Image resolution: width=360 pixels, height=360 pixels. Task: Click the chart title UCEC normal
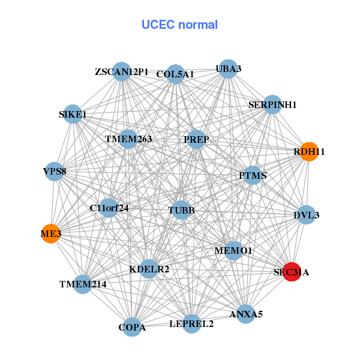(x=179, y=25)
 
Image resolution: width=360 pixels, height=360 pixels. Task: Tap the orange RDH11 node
(x=308, y=152)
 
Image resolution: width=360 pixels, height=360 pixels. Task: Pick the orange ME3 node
(x=51, y=233)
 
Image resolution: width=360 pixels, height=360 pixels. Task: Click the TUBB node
(x=181, y=210)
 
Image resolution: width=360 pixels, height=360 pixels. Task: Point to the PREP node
(x=196, y=140)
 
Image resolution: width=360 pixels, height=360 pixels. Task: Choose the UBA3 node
(x=228, y=69)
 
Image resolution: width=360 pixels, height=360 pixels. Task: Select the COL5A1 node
(x=175, y=74)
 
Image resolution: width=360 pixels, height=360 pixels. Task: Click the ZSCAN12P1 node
(x=122, y=72)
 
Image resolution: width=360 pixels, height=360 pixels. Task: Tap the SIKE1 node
(x=73, y=114)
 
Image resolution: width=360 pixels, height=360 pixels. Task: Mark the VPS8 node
(x=55, y=171)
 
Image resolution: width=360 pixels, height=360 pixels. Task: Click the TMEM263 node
(x=128, y=139)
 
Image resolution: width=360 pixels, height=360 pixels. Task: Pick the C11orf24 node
(x=109, y=208)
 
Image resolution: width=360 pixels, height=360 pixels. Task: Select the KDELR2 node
(x=149, y=269)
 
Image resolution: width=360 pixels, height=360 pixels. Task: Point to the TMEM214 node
(x=83, y=283)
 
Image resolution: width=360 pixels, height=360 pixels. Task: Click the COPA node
(x=132, y=327)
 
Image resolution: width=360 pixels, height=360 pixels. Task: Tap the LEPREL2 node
(x=191, y=324)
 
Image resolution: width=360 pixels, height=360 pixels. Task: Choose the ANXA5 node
(x=246, y=313)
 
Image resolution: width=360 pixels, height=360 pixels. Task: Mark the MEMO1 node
(x=233, y=250)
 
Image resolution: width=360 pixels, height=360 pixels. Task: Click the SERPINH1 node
(x=272, y=104)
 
